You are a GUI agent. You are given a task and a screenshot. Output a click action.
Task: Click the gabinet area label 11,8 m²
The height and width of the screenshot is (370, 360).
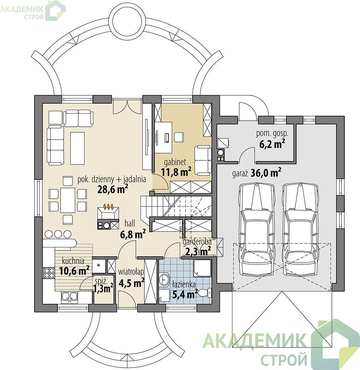(176, 172)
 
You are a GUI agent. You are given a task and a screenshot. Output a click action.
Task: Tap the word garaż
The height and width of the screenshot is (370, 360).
(239, 174)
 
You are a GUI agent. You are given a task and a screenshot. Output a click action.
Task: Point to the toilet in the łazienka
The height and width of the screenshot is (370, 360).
(204, 293)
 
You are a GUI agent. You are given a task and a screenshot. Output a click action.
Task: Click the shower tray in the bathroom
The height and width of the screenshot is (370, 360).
(202, 268)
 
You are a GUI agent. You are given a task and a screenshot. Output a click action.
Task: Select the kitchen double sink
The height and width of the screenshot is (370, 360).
(69, 297)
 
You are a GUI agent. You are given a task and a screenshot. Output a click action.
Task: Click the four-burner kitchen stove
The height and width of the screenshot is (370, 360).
(49, 273)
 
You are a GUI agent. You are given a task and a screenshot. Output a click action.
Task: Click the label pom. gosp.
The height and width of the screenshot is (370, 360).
(272, 134)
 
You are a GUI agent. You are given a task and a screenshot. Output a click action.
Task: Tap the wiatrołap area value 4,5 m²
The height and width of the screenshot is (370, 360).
(132, 283)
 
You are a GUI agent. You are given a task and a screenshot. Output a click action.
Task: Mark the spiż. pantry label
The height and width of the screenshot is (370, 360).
(101, 281)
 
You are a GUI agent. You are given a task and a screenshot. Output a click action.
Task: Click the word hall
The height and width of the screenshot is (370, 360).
(130, 223)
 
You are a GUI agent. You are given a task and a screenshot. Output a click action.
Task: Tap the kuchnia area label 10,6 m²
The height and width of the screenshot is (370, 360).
(74, 271)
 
